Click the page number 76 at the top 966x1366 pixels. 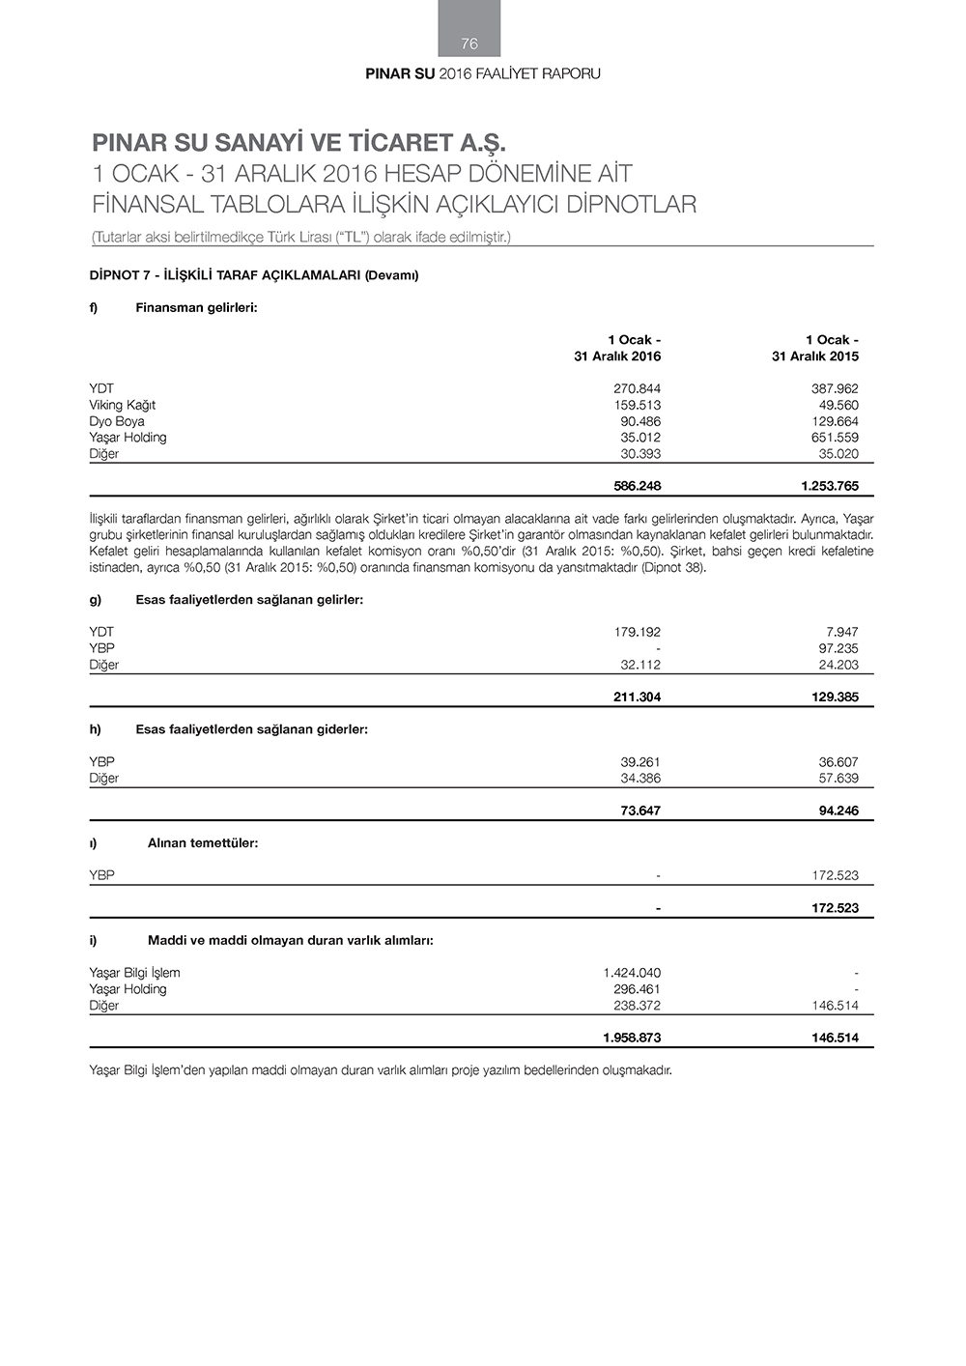point(469,43)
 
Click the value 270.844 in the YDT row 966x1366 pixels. point(638,388)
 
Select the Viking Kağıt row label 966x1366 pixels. point(122,405)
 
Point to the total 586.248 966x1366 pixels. point(637,486)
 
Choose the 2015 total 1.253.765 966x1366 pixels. point(829,486)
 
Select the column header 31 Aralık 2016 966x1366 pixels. point(617,356)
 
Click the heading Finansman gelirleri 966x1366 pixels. point(196,307)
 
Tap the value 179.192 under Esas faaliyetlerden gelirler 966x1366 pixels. point(638,632)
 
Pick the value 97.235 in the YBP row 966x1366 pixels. point(838,648)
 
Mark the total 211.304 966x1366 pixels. point(637,697)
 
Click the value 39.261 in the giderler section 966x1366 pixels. point(640,762)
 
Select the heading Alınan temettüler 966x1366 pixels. point(203,842)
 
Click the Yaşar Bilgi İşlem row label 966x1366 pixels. point(134,973)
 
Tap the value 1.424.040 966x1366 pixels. point(632,973)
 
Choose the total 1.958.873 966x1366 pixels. point(632,1039)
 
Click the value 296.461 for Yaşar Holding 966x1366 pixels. point(638,989)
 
